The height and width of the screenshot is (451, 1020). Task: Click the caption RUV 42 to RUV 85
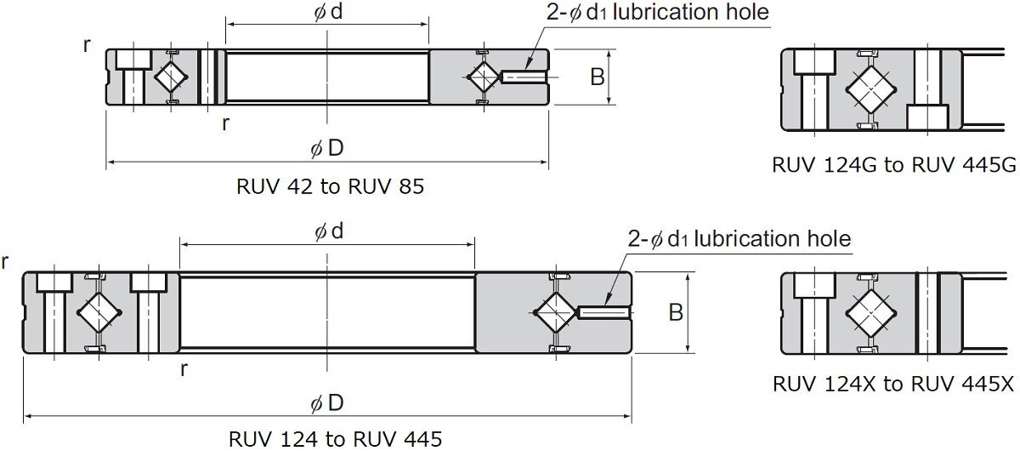329,186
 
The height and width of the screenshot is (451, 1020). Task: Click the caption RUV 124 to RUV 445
335,439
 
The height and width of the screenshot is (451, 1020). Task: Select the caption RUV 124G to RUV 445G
893,164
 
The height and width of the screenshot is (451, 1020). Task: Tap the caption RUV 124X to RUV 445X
892,384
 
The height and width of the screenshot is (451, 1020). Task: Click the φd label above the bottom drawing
327,231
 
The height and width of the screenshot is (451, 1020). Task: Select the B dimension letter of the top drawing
598,77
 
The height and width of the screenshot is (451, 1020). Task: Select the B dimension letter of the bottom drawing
676,312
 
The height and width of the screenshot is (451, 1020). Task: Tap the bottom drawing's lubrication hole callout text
739,238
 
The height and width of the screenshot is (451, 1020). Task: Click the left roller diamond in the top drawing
170,77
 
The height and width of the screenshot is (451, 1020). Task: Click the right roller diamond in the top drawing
482,77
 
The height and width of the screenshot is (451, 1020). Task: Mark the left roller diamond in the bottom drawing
93,312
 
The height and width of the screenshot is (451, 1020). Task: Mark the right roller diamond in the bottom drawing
554,312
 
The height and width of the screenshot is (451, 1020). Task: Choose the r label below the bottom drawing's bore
184,368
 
